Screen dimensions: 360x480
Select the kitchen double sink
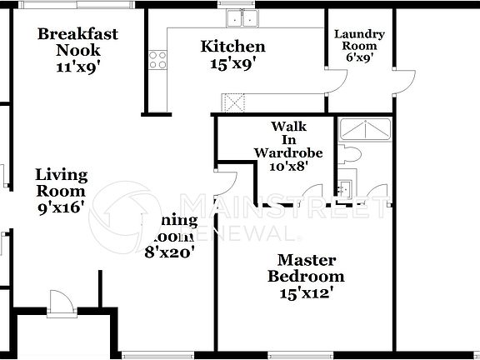pos(242,18)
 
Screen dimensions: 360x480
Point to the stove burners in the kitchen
pos(157,58)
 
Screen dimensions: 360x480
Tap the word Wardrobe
pos(282,152)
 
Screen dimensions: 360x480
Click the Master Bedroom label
pos(306,268)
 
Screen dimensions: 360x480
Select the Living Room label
pos(61,182)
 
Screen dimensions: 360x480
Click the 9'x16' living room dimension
pos(61,207)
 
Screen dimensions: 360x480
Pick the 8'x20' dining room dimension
pos(169,250)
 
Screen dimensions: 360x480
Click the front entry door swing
pos(60,300)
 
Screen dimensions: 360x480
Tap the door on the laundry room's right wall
pos(405,78)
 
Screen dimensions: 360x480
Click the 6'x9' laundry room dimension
pos(359,58)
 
